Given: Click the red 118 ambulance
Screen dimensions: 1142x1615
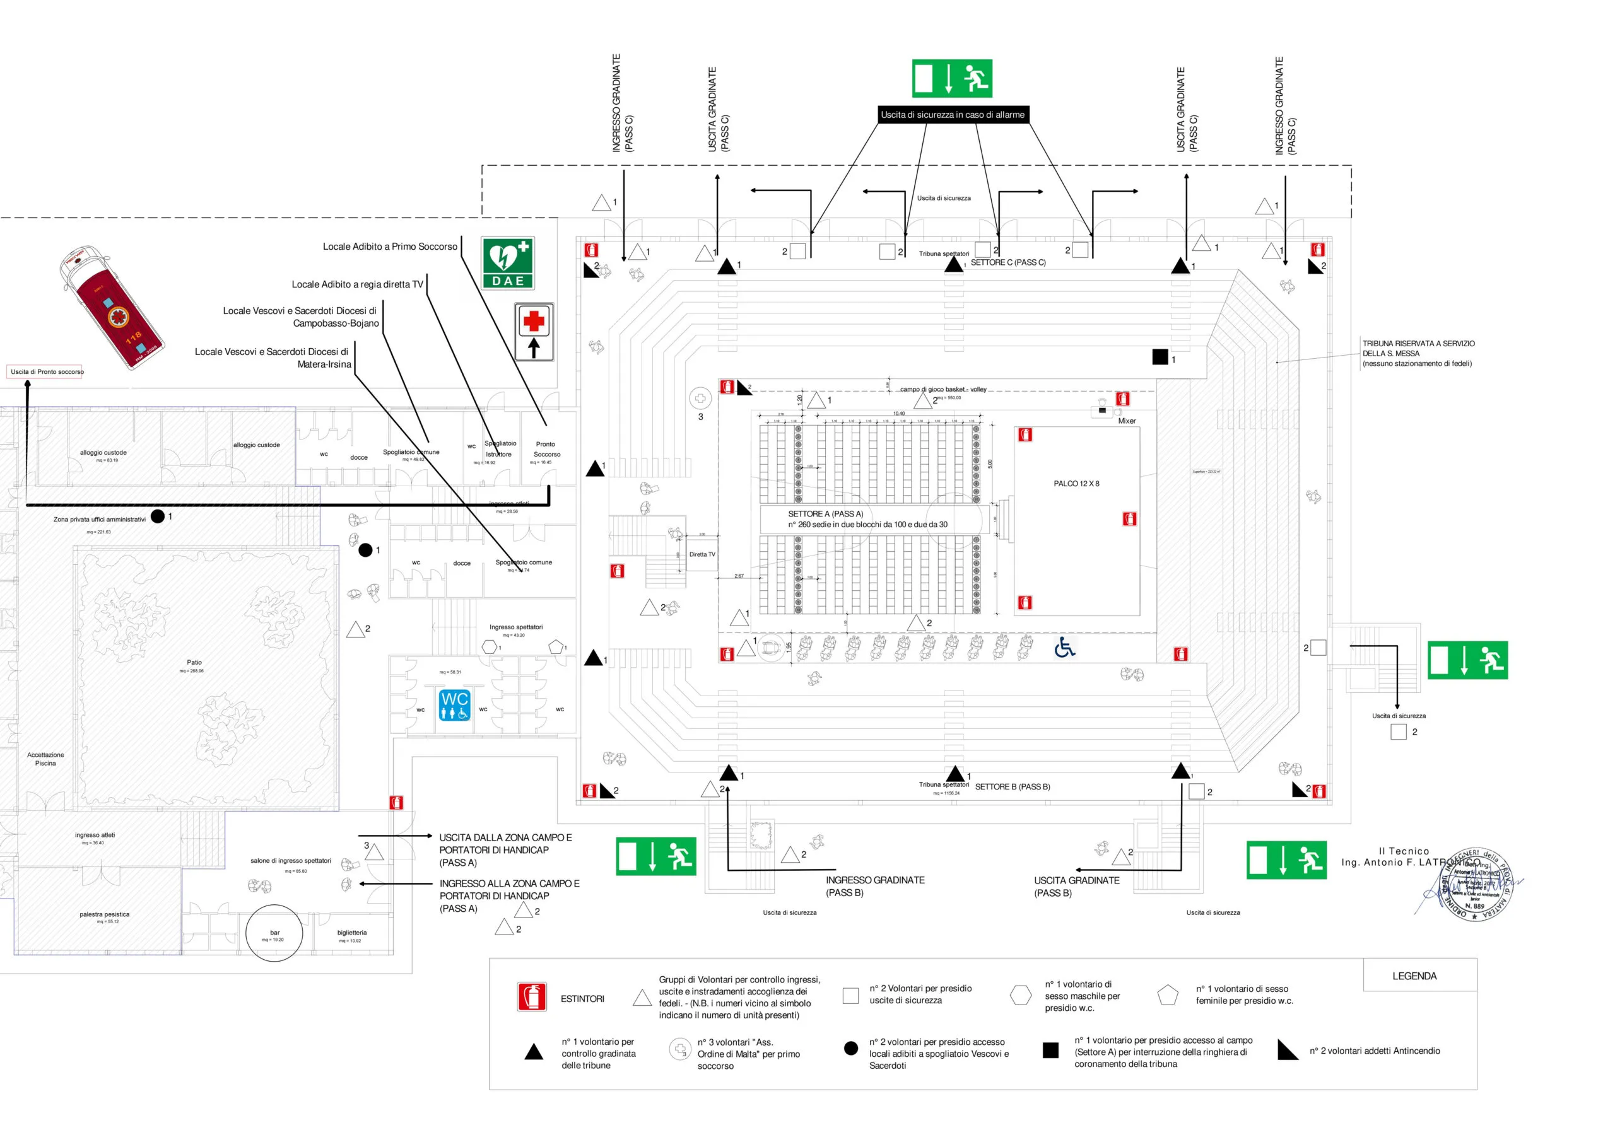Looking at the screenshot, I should coord(112,308).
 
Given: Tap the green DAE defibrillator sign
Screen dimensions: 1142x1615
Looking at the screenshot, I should coord(508,263).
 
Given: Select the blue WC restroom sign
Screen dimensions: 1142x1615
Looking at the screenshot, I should coord(454,705).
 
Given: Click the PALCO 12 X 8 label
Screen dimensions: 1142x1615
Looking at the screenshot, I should coord(1076,484).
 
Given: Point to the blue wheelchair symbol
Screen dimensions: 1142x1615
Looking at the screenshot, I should coord(1064,647).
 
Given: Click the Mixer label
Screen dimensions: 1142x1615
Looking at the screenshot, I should coord(1126,421).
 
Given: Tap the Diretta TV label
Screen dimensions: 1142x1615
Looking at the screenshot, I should coord(702,555).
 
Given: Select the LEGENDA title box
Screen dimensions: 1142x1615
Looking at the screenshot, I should coord(1414,976).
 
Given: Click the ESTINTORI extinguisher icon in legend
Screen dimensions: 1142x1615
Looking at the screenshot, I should coord(532,997).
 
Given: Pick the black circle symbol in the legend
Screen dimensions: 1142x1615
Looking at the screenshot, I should coord(850,1049).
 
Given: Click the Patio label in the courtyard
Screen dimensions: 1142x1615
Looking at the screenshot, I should coord(194,662).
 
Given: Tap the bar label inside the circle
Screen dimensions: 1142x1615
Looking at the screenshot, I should coord(274,933).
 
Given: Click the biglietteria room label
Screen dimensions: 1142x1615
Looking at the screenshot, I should coord(351,933).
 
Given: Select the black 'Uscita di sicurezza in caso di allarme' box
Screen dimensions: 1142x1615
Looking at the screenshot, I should coord(953,115).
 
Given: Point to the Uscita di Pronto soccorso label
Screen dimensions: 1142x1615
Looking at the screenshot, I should coord(47,372).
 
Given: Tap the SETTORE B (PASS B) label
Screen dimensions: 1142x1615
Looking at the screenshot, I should coord(1012,787).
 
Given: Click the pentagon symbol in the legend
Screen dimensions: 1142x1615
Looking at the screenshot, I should coord(1167,995).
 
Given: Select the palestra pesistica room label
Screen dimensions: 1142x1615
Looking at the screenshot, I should coord(104,915).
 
